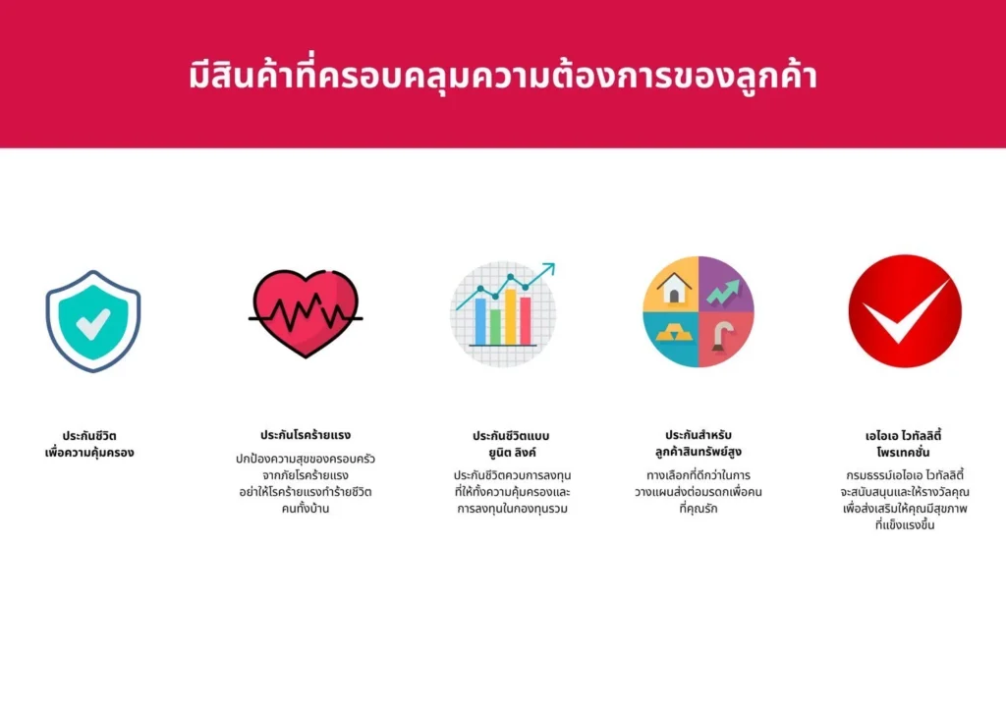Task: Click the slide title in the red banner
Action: [503, 76]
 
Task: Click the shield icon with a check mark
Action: [93, 320]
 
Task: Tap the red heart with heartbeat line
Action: [306, 313]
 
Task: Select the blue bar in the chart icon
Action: [480, 321]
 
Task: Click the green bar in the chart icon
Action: [495, 327]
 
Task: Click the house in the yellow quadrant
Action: [673, 287]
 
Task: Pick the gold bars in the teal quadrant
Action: [673, 334]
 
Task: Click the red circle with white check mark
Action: [905, 311]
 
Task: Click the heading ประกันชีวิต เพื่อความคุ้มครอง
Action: [89, 444]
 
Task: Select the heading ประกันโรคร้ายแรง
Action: [306, 435]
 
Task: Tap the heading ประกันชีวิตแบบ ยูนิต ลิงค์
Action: [511, 444]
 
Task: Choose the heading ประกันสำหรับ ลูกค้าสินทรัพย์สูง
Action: [699, 443]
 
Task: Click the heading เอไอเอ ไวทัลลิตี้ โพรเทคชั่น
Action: [904, 444]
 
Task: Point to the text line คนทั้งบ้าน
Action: [306, 509]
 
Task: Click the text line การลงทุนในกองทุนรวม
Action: [512, 509]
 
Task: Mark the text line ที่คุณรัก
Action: [699, 509]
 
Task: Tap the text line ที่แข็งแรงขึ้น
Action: [905, 525]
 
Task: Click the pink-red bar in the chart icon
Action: [526, 321]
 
